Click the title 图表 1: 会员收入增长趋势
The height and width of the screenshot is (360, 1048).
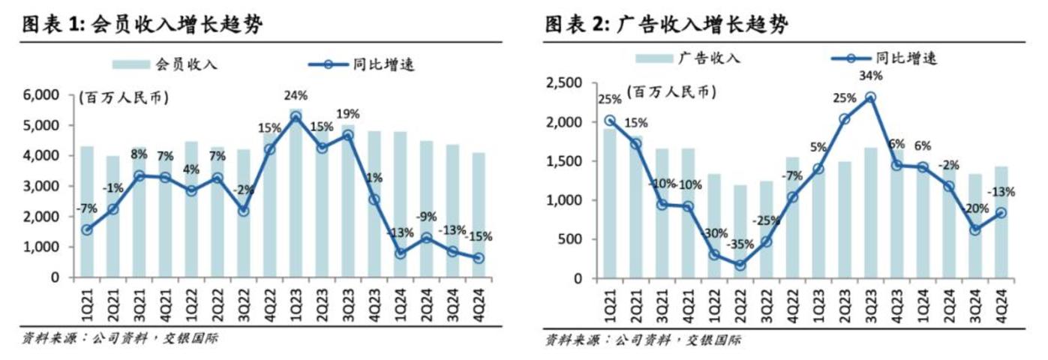pyautogui.click(x=143, y=25)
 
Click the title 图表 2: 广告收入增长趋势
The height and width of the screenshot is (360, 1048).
pyautogui.click(x=667, y=25)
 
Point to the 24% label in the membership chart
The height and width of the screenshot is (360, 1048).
pyautogui.click(x=295, y=96)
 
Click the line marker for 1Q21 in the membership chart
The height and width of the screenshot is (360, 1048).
pyautogui.click(x=86, y=230)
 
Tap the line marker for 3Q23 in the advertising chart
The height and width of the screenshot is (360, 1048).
pyautogui.click(x=869, y=97)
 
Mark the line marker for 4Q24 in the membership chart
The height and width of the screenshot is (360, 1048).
pyautogui.click(x=478, y=258)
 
